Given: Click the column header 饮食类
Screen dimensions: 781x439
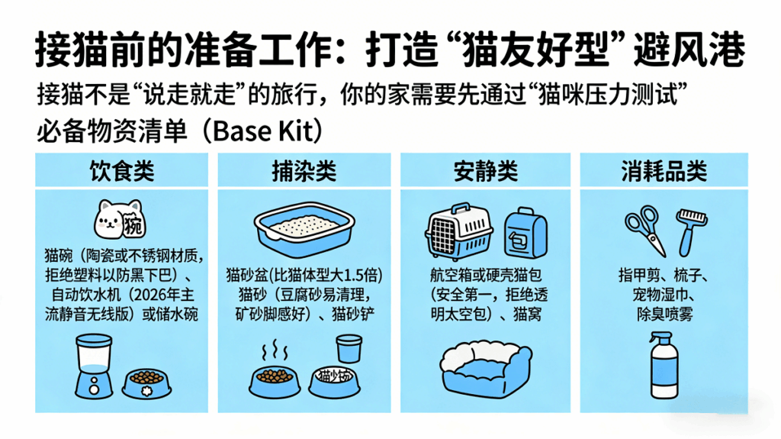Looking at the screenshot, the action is click(x=122, y=172).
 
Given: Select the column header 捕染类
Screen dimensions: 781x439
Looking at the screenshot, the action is click(x=304, y=172).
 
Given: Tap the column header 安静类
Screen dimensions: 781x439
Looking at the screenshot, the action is click(x=486, y=172).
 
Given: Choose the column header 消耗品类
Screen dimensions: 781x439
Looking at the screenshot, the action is click(x=664, y=172).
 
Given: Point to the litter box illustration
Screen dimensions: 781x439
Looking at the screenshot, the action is click(x=304, y=229).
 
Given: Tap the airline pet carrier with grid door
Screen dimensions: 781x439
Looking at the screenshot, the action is click(x=458, y=231).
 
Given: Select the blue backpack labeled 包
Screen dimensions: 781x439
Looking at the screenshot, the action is click(x=525, y=232).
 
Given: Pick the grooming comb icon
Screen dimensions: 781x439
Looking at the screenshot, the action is click(x=690, y=231).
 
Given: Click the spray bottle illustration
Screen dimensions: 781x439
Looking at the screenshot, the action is click(x=664, y=365).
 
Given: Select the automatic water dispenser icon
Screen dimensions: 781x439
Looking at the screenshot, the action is click(x=94, y=366).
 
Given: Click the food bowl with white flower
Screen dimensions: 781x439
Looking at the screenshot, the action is click(x=146, y=383).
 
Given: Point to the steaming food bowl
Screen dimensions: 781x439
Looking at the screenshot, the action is click(x=275, y=370).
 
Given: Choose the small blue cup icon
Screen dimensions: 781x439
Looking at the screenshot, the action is click(x=349, y=349).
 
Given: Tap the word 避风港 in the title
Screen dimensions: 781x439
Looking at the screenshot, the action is click(x=689, y=50).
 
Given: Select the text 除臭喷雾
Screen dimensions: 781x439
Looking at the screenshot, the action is click(x=664, y=315).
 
